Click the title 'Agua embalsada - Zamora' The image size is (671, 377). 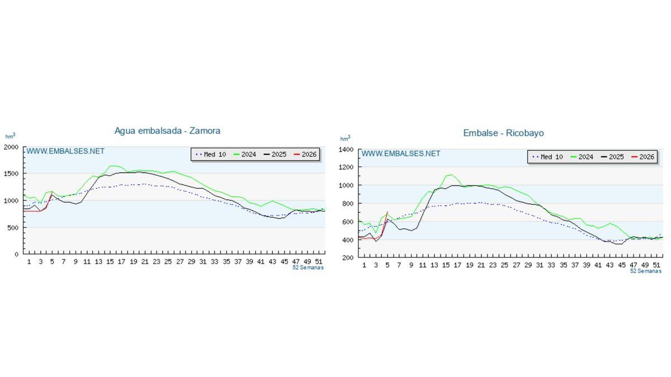click(167, 131)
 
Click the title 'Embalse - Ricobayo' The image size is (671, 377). click(503, 133)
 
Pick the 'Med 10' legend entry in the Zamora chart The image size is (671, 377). click(210, 154)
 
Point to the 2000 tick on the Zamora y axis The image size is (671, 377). click(11, 147)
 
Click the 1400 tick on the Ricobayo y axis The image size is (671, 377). click(346, 150)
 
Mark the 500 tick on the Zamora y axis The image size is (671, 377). click(13, 228)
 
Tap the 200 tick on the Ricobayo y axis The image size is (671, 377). click(348, 258)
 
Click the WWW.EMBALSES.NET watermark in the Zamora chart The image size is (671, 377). click(65, 151)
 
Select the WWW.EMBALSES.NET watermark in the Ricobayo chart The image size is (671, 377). click(401, 154)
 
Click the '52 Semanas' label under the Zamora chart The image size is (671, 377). click(308, 268)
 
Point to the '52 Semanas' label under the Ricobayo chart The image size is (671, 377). click(645, 271)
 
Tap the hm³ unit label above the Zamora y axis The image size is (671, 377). click(10, 136)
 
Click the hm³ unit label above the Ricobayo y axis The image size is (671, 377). click(345, 139)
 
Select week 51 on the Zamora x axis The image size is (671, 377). click(319, 261)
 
